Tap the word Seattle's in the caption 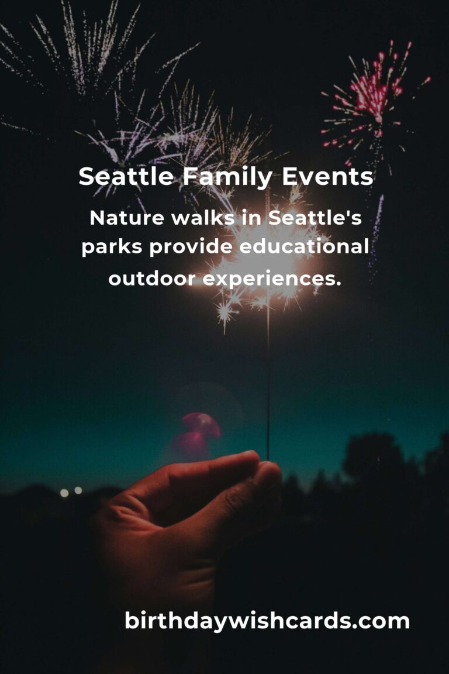click(x=315, y=218)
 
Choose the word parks click(x=112, y=248)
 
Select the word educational click(x=303, y=248)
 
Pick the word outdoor click(x=152, y=279)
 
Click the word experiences click(x=272, y=279)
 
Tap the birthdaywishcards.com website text click(x=267, y=621)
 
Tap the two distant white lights click(x=71, y=491)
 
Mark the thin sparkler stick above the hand click(x=268, y=386)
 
